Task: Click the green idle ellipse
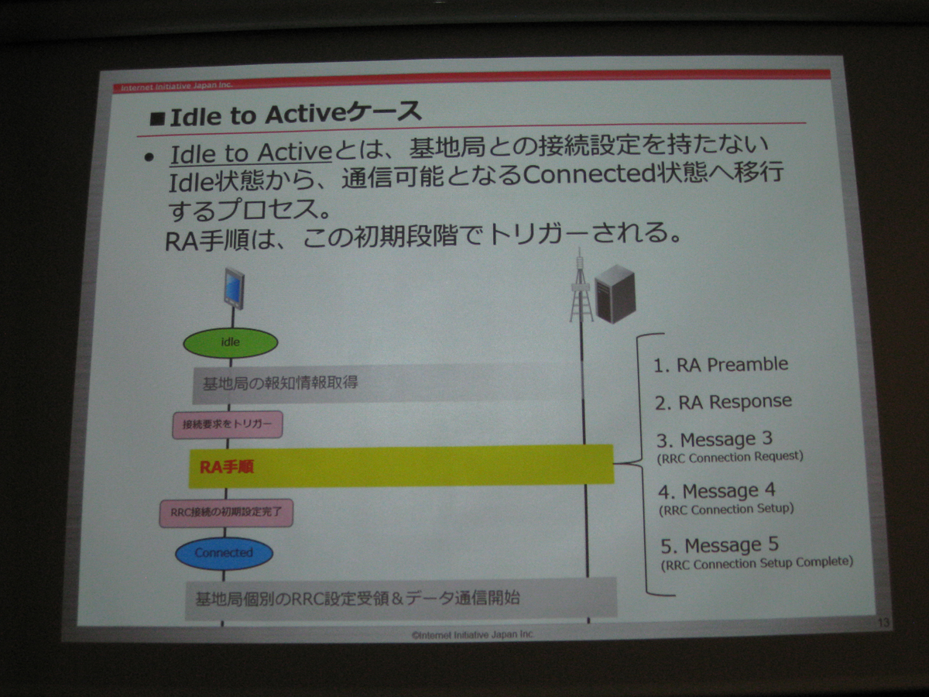(230, 342)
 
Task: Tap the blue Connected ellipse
(225, 553)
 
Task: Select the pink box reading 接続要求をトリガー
(228, 424)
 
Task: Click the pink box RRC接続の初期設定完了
(226, 513)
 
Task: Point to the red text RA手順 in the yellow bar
(226, 467)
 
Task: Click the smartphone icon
(235, 288)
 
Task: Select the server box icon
(615, 294)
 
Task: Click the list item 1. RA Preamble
(721, 364)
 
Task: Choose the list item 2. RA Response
(723, 402)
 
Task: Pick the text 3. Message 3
(715, 440)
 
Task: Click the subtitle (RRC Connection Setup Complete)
(756, 564)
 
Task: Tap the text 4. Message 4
(717, 491)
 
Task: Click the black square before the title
(157, 119)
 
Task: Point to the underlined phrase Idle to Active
(251, 153)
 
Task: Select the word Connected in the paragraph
(588, 174)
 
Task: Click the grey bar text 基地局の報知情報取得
(280, 383)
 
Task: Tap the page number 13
(883, 622)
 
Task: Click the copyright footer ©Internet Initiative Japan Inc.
(473, 634)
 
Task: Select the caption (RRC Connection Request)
(730, 458)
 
